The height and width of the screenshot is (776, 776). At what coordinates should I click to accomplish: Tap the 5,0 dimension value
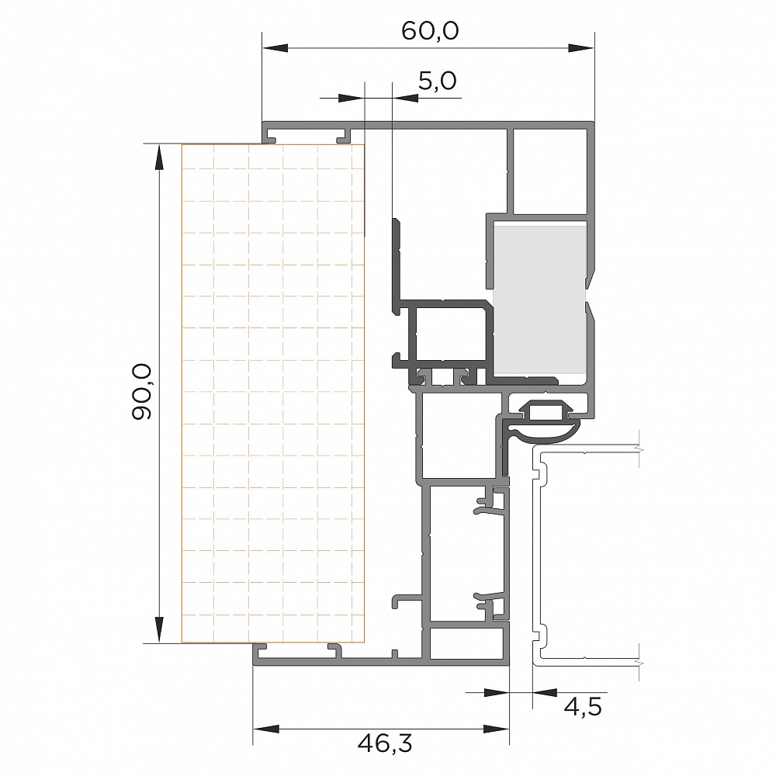(x=437, y=81)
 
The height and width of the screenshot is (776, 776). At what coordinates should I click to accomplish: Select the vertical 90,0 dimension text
(x=142, y=392)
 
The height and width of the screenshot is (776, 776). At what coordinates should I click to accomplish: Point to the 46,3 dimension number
(x=385, y=743)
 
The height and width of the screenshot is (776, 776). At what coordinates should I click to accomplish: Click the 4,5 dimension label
(x=583, y=707)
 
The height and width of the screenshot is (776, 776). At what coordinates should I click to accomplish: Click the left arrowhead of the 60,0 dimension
(x=275, y=48)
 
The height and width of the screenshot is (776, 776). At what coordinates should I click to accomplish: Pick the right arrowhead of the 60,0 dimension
(x=580, y=48)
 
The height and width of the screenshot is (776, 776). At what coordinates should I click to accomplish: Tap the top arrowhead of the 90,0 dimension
(x=159, y=157)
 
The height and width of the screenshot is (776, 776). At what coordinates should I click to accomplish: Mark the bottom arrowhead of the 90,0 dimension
(x=159, y=629)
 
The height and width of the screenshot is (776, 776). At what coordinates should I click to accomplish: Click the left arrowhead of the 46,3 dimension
(x=265, y=729)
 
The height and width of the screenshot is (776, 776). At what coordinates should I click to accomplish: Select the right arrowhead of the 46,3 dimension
(x=496, y=729)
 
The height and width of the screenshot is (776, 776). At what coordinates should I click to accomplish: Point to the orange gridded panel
(x=273, y=393)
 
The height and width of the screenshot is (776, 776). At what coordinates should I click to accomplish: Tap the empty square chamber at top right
(x=550, y=171)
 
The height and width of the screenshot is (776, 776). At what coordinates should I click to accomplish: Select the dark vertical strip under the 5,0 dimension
(x=397, y=265)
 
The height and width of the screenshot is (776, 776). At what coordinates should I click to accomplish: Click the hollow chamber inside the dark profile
(x=450, y=334)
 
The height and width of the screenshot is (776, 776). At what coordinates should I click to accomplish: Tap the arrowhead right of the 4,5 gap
(x=545, y=692)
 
